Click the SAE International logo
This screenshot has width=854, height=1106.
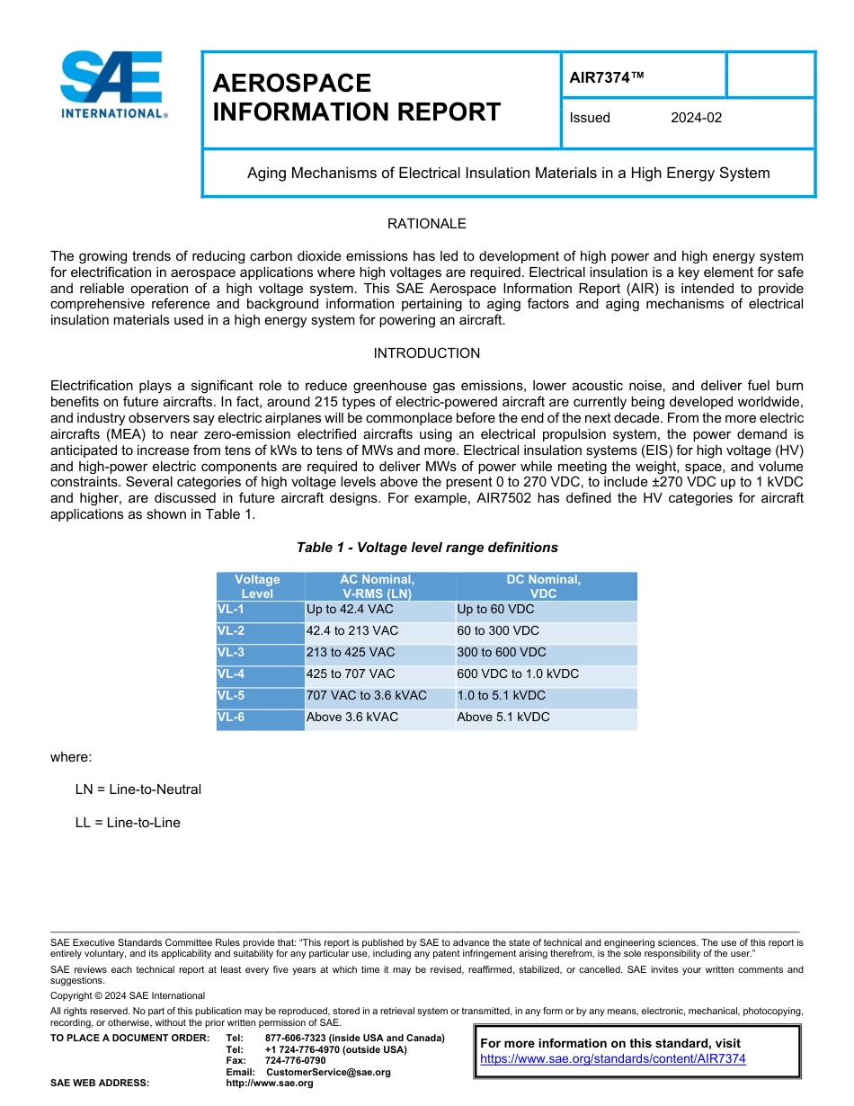[112, 85]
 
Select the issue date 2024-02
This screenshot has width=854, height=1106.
[696, 118]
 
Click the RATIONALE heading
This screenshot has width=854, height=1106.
[426, 224]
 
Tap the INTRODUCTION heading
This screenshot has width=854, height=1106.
[426, 353]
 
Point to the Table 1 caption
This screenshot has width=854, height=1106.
[427, 548]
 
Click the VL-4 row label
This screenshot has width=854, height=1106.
[231, 674]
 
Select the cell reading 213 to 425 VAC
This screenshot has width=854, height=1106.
[351, 653]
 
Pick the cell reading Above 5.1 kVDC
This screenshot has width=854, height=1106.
[503, 718]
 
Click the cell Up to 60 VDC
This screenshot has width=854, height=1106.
[495, 610]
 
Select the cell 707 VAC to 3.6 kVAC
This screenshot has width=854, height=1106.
[367, 696]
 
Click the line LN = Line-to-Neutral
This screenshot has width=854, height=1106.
[138, 789]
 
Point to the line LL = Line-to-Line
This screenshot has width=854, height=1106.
[128, 823]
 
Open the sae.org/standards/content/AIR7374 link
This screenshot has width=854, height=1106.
[613, 1059]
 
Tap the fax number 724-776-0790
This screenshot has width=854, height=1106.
[295, 1061]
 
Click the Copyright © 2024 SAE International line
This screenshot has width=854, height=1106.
[128, 995]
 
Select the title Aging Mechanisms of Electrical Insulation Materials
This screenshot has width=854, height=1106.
[508, 173]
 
